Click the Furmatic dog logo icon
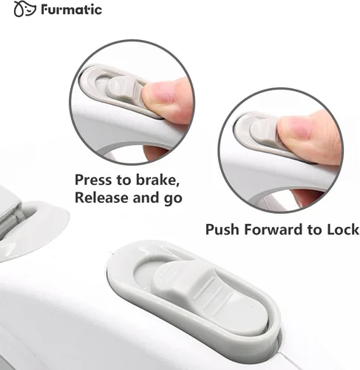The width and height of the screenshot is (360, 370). [24, 9]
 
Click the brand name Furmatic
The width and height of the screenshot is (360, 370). [72, 10]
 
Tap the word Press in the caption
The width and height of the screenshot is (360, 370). [93, 180]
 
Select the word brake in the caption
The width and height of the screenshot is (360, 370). [157, 180]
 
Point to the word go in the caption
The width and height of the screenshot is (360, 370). [173, 198]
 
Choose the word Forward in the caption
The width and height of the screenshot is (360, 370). [274, 229]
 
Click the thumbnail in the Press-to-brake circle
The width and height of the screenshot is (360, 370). [159, 94]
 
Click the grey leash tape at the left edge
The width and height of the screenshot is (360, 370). [11, 223]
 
